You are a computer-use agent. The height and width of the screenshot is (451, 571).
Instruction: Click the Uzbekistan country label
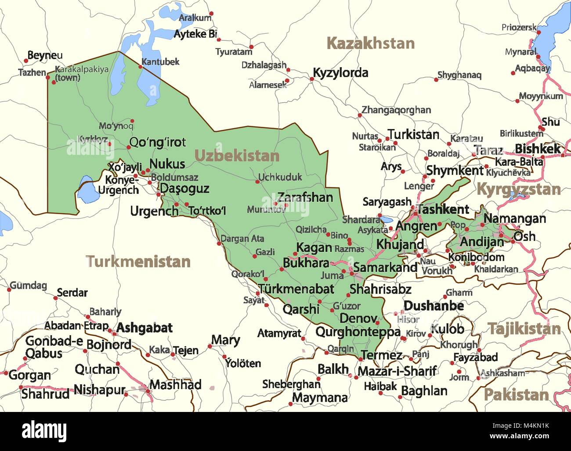(x=237, y=156)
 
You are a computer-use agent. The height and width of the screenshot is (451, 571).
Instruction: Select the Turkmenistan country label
(x=138, y=261)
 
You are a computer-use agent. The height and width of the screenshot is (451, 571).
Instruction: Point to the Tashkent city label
(x=443, y=209)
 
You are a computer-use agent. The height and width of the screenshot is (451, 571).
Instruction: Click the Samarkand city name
(x=385, y=267)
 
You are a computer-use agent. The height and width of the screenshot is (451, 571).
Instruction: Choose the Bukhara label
(x=306, y=263)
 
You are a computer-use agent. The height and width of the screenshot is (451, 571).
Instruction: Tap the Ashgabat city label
(x=145, y=328)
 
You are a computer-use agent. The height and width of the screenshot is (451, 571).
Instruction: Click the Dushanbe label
(x=434, y=306)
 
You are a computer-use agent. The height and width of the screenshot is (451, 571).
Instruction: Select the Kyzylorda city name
(x=340, y=73)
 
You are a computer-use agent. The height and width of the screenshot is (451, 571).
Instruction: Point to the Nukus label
(x=167, y=164)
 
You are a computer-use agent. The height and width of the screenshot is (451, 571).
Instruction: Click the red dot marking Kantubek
(x=141, y=67)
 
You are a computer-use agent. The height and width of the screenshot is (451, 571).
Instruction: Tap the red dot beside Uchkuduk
(x=257, y=181)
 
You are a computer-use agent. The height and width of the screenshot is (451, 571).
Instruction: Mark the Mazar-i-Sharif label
(x=397, y=372)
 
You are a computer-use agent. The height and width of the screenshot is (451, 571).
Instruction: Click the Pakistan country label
(x=516, y=394)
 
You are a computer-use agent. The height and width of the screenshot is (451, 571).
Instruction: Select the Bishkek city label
(x=538, y=149)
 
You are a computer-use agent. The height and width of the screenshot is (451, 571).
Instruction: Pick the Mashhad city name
(x=175, y=385)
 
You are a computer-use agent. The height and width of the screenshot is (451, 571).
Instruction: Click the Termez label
(x=381, y=355)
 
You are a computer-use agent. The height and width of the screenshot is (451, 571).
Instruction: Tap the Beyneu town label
(x=45, y=56)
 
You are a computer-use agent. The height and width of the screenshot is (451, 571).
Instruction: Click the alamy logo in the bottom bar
(x=44, y=431)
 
